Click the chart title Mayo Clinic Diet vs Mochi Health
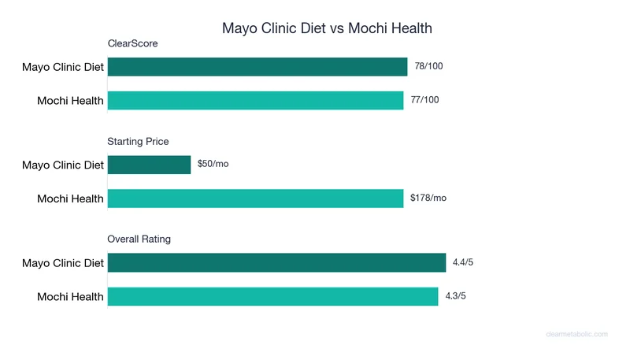click(x=327, y=28)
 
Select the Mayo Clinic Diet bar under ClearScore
click(x=257, y=67)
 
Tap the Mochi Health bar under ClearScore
click(x=255, y=100)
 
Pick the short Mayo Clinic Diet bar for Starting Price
click(x=149, y=165)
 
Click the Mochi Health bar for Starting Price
click(x=255, y=199)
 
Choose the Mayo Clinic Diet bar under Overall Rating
click(x=276, y=263)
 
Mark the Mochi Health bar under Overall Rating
click(x=272, y=296)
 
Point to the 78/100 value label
click(x=428, y=66)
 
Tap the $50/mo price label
click(x=213, y=165)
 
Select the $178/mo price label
click(x=428, y=198)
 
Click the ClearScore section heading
click(x=132, y=44)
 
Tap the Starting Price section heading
click(x=138, y=142)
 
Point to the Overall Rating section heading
click(x=139, y=239)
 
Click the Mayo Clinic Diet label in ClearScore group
click(x=63, y=67)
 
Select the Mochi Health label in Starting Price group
click(x=70, y=199)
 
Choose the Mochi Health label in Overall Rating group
click(x=70, y=297)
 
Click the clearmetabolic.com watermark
click(x=576, y=334)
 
